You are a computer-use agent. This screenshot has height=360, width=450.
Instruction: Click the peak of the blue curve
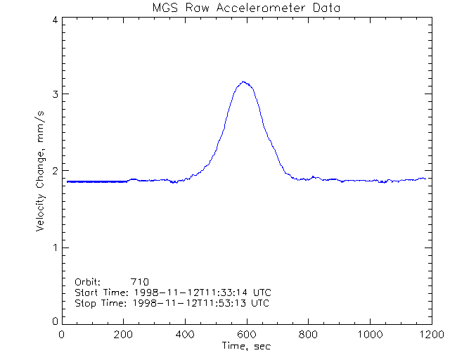(244, 82)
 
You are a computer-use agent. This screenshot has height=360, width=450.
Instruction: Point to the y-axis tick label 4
(55, 20)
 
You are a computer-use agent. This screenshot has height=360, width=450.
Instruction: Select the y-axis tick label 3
(55, 94)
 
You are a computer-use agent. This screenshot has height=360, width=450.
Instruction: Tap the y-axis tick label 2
(55, 171)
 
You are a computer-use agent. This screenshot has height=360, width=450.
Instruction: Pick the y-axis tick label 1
(55, 247)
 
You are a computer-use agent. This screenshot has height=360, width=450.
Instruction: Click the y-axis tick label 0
(55, 321)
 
